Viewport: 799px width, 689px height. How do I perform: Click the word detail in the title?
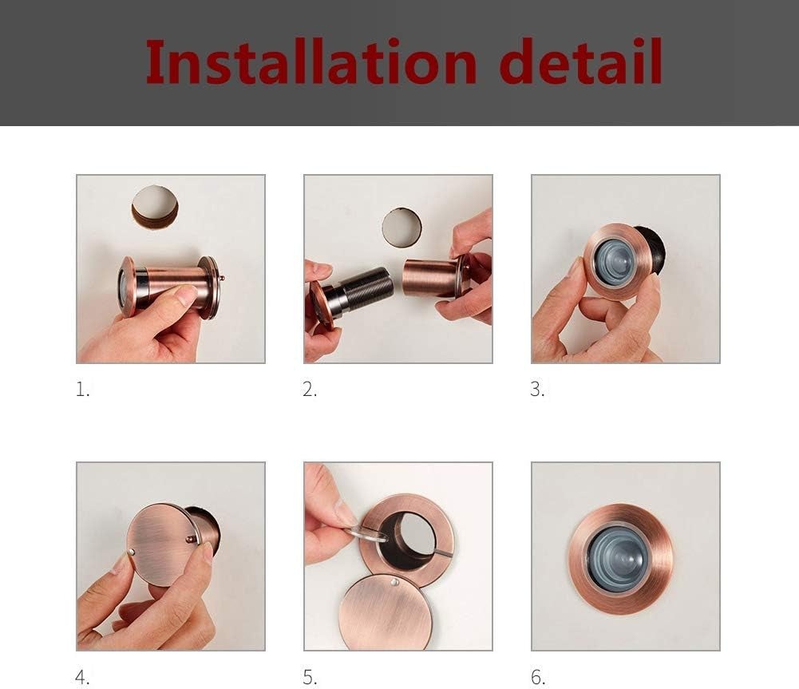[x=580, y=62]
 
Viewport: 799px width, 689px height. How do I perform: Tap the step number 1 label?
[x=83, y=390]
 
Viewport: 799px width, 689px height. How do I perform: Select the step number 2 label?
[x=310, y=390]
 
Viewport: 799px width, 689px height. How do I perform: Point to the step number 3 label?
[x=537, y=390]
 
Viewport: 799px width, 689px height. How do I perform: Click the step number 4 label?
[x=83, y=678]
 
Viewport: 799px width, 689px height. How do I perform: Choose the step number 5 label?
[x=310, y=678]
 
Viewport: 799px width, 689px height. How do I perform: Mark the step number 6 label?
[x=538, y=678]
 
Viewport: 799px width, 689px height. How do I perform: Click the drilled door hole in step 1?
[x=155, y=207]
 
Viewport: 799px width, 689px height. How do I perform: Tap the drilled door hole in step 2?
[x=401, y=227]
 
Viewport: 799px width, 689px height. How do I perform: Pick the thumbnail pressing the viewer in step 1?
[x=185, y=296]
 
